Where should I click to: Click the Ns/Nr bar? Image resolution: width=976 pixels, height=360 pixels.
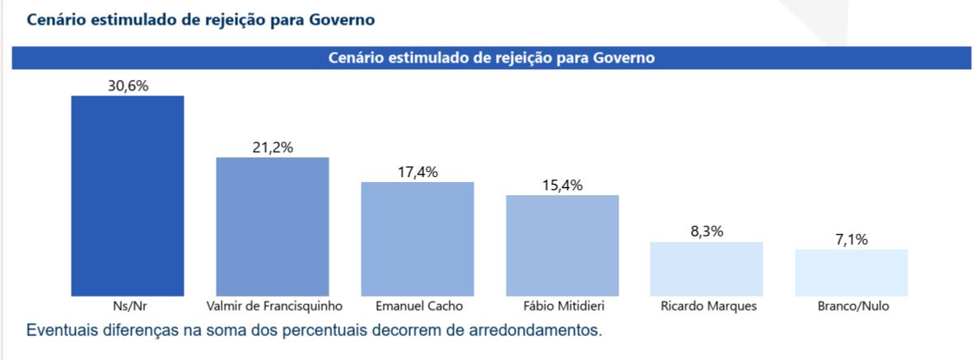pyautogui.click(x=127, y=196)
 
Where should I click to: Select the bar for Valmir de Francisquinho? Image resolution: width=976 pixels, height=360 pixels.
pyautogui.click(x=272, y=227)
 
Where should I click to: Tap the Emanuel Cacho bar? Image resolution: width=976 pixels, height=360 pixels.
pyautogui.click(x=417, y=239)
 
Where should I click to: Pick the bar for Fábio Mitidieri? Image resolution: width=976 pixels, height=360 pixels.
pyautogui.click(x=562, y=245)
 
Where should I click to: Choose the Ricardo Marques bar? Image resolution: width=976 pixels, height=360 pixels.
pyautogui.click(x=707, y=269)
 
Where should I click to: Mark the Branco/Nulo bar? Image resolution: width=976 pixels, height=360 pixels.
pyautogui.click(x=852, y=273)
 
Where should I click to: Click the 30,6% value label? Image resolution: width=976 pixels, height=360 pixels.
pyautogui.click(x=127, y=86)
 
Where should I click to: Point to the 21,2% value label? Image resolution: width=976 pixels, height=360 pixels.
pyautogui.click(x=272, y=147)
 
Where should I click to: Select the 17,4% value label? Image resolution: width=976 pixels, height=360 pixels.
pyautogui.click(x=417, y=172)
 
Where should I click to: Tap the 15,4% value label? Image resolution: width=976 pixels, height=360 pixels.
pyautogui.click(x=562, y=185)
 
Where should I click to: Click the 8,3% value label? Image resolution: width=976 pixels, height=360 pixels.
pyautogui.click(x=707, y=231)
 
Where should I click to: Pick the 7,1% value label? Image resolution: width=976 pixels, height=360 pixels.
pyautogui.click(x=852, y=240)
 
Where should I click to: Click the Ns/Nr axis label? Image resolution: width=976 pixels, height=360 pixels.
pyautogui.click(x=127, y=306)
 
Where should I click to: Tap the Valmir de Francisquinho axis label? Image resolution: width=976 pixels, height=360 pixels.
pyautogui.click(x=272, y=306)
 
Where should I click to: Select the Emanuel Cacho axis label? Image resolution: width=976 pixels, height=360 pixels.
pyautogui.click(x=417, y=306)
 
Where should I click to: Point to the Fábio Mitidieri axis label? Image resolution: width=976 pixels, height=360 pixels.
pyautogui.click(x=562, y=306)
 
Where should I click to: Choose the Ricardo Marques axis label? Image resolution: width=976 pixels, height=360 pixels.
pyautogui.click(x=707, y=306)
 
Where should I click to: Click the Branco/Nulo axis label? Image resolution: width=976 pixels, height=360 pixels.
pyautogui.click(x=852, y=306)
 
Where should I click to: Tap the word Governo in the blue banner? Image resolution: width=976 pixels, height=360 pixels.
pyautogui.click(x=623, y=58)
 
